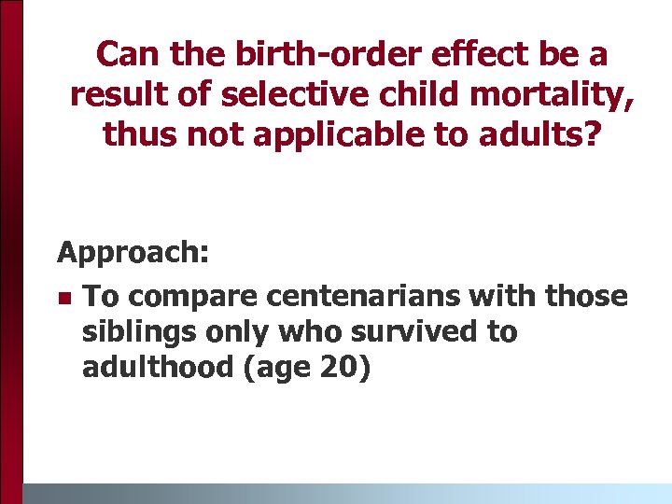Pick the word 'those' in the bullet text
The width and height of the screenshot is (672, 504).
(x=591, y=297)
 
